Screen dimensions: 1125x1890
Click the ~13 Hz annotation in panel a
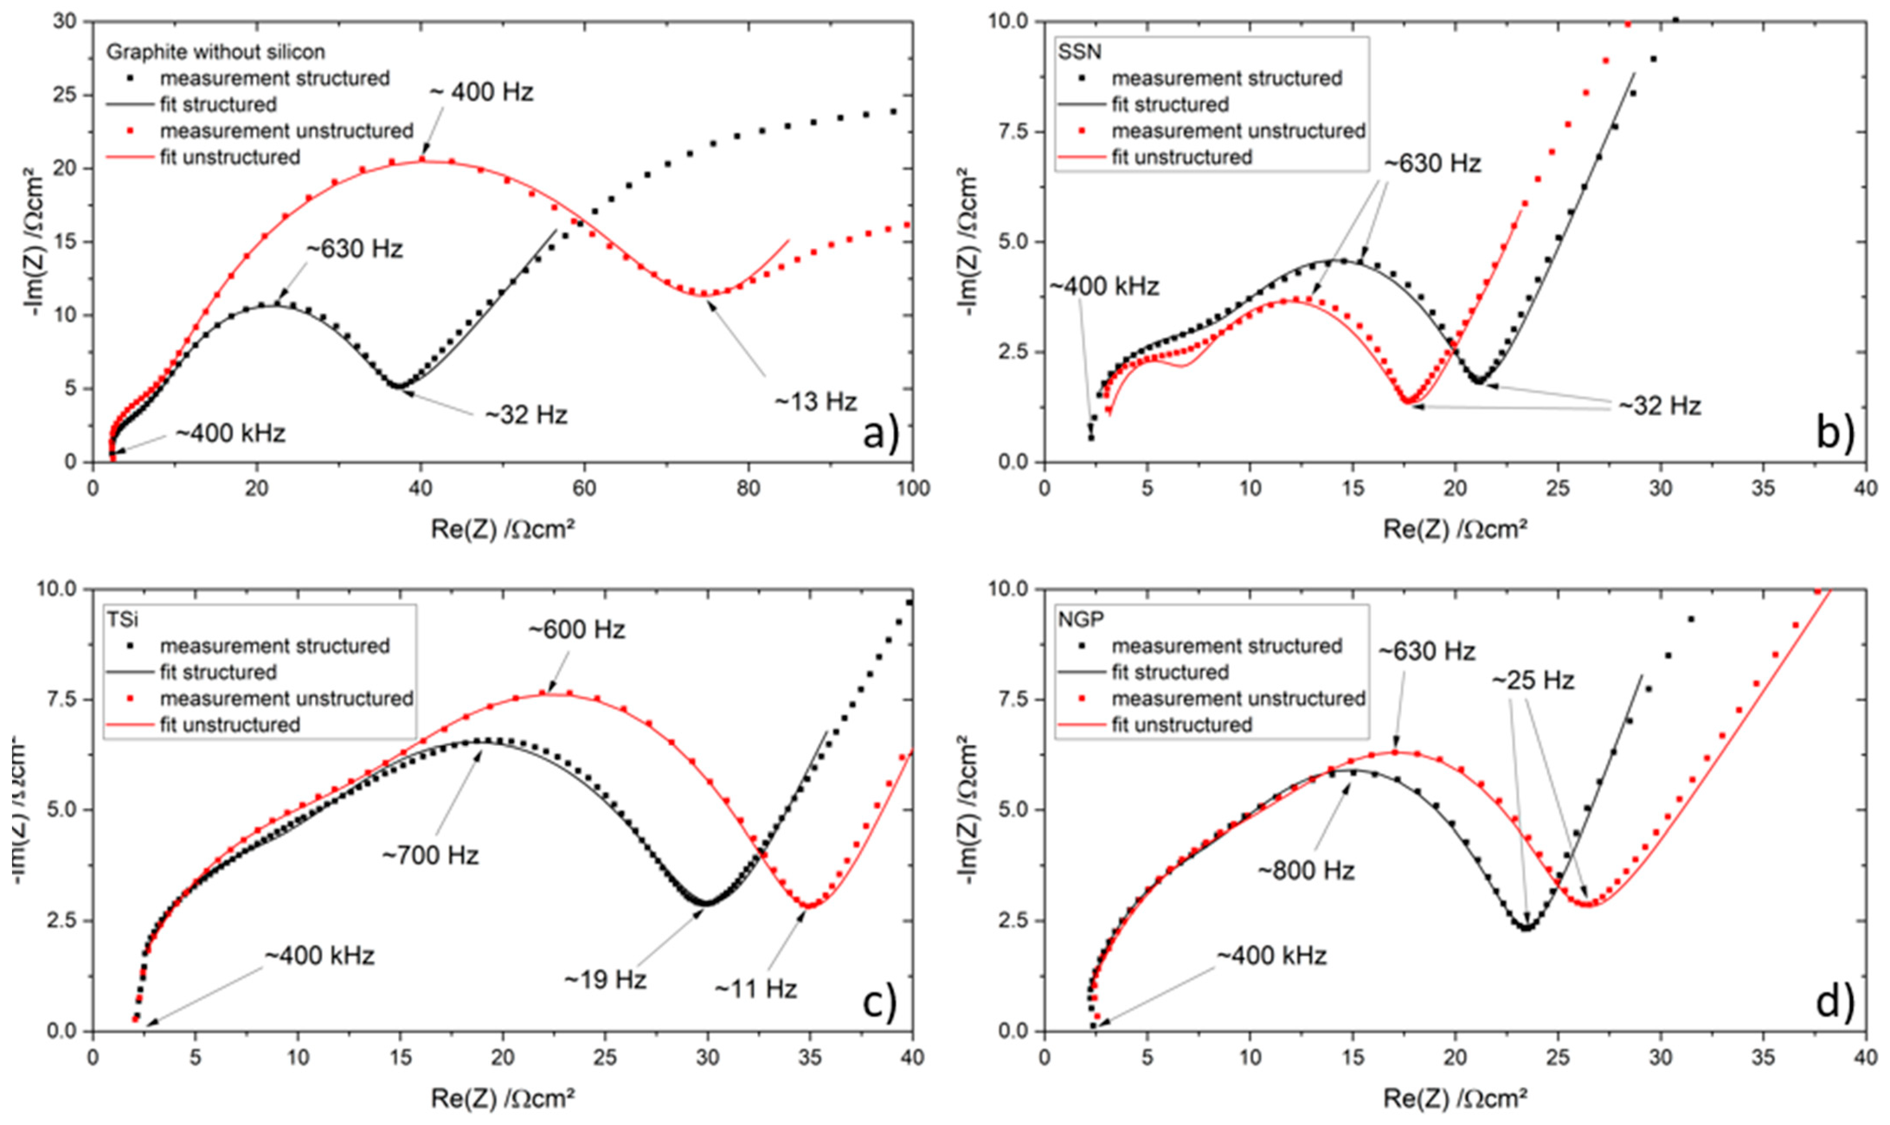(x=816, y=402)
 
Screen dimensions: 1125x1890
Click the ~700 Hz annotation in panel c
(x=431, y=855)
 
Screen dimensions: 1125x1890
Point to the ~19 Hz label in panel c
(x=605, y=980)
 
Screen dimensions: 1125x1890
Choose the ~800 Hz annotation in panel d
(x=1306, y=870)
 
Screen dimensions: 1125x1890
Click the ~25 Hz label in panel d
(x=1533, y=680)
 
